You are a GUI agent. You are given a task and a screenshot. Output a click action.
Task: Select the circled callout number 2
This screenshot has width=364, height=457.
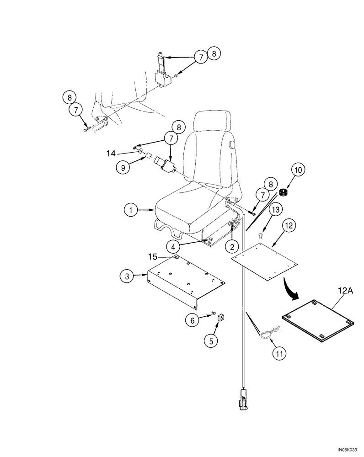pyautogui.click(x=232, y=247)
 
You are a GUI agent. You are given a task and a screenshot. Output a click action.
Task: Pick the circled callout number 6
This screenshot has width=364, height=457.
pyautogui.click(x=193, y=321)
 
